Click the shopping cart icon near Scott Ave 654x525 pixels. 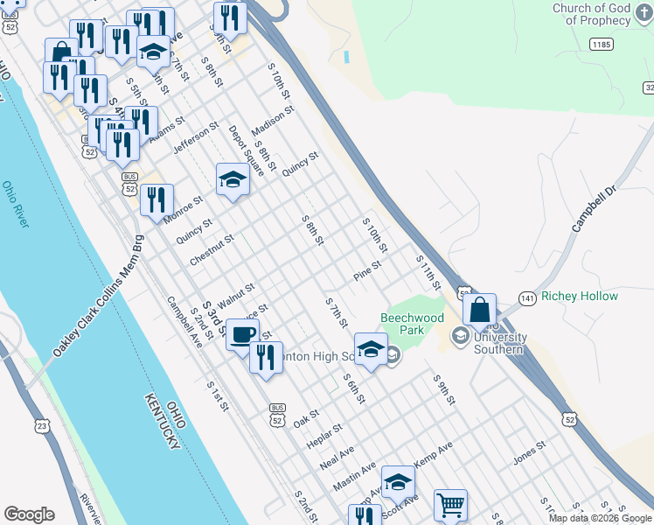pyautogui.click(x=450, y=504)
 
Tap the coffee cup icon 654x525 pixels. pyautogui.click(x=242, y=333)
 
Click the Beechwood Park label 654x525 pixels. pyautogui.click(x=412, y=324)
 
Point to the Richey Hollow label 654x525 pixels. pyautogui.click(x=580, y=297)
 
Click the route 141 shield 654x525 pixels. pyautogui.click(x=526, y=298)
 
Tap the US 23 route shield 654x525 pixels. pyautogui.click(x=42, y=425)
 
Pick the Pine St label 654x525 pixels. pyautogui.click(x=368, y=271)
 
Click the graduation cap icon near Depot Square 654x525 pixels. pyautogui.click(x=233, y=179)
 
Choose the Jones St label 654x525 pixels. pyautogui.click(x=530, y=450)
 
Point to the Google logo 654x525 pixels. pyautogui.click(x=29, y=514)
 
